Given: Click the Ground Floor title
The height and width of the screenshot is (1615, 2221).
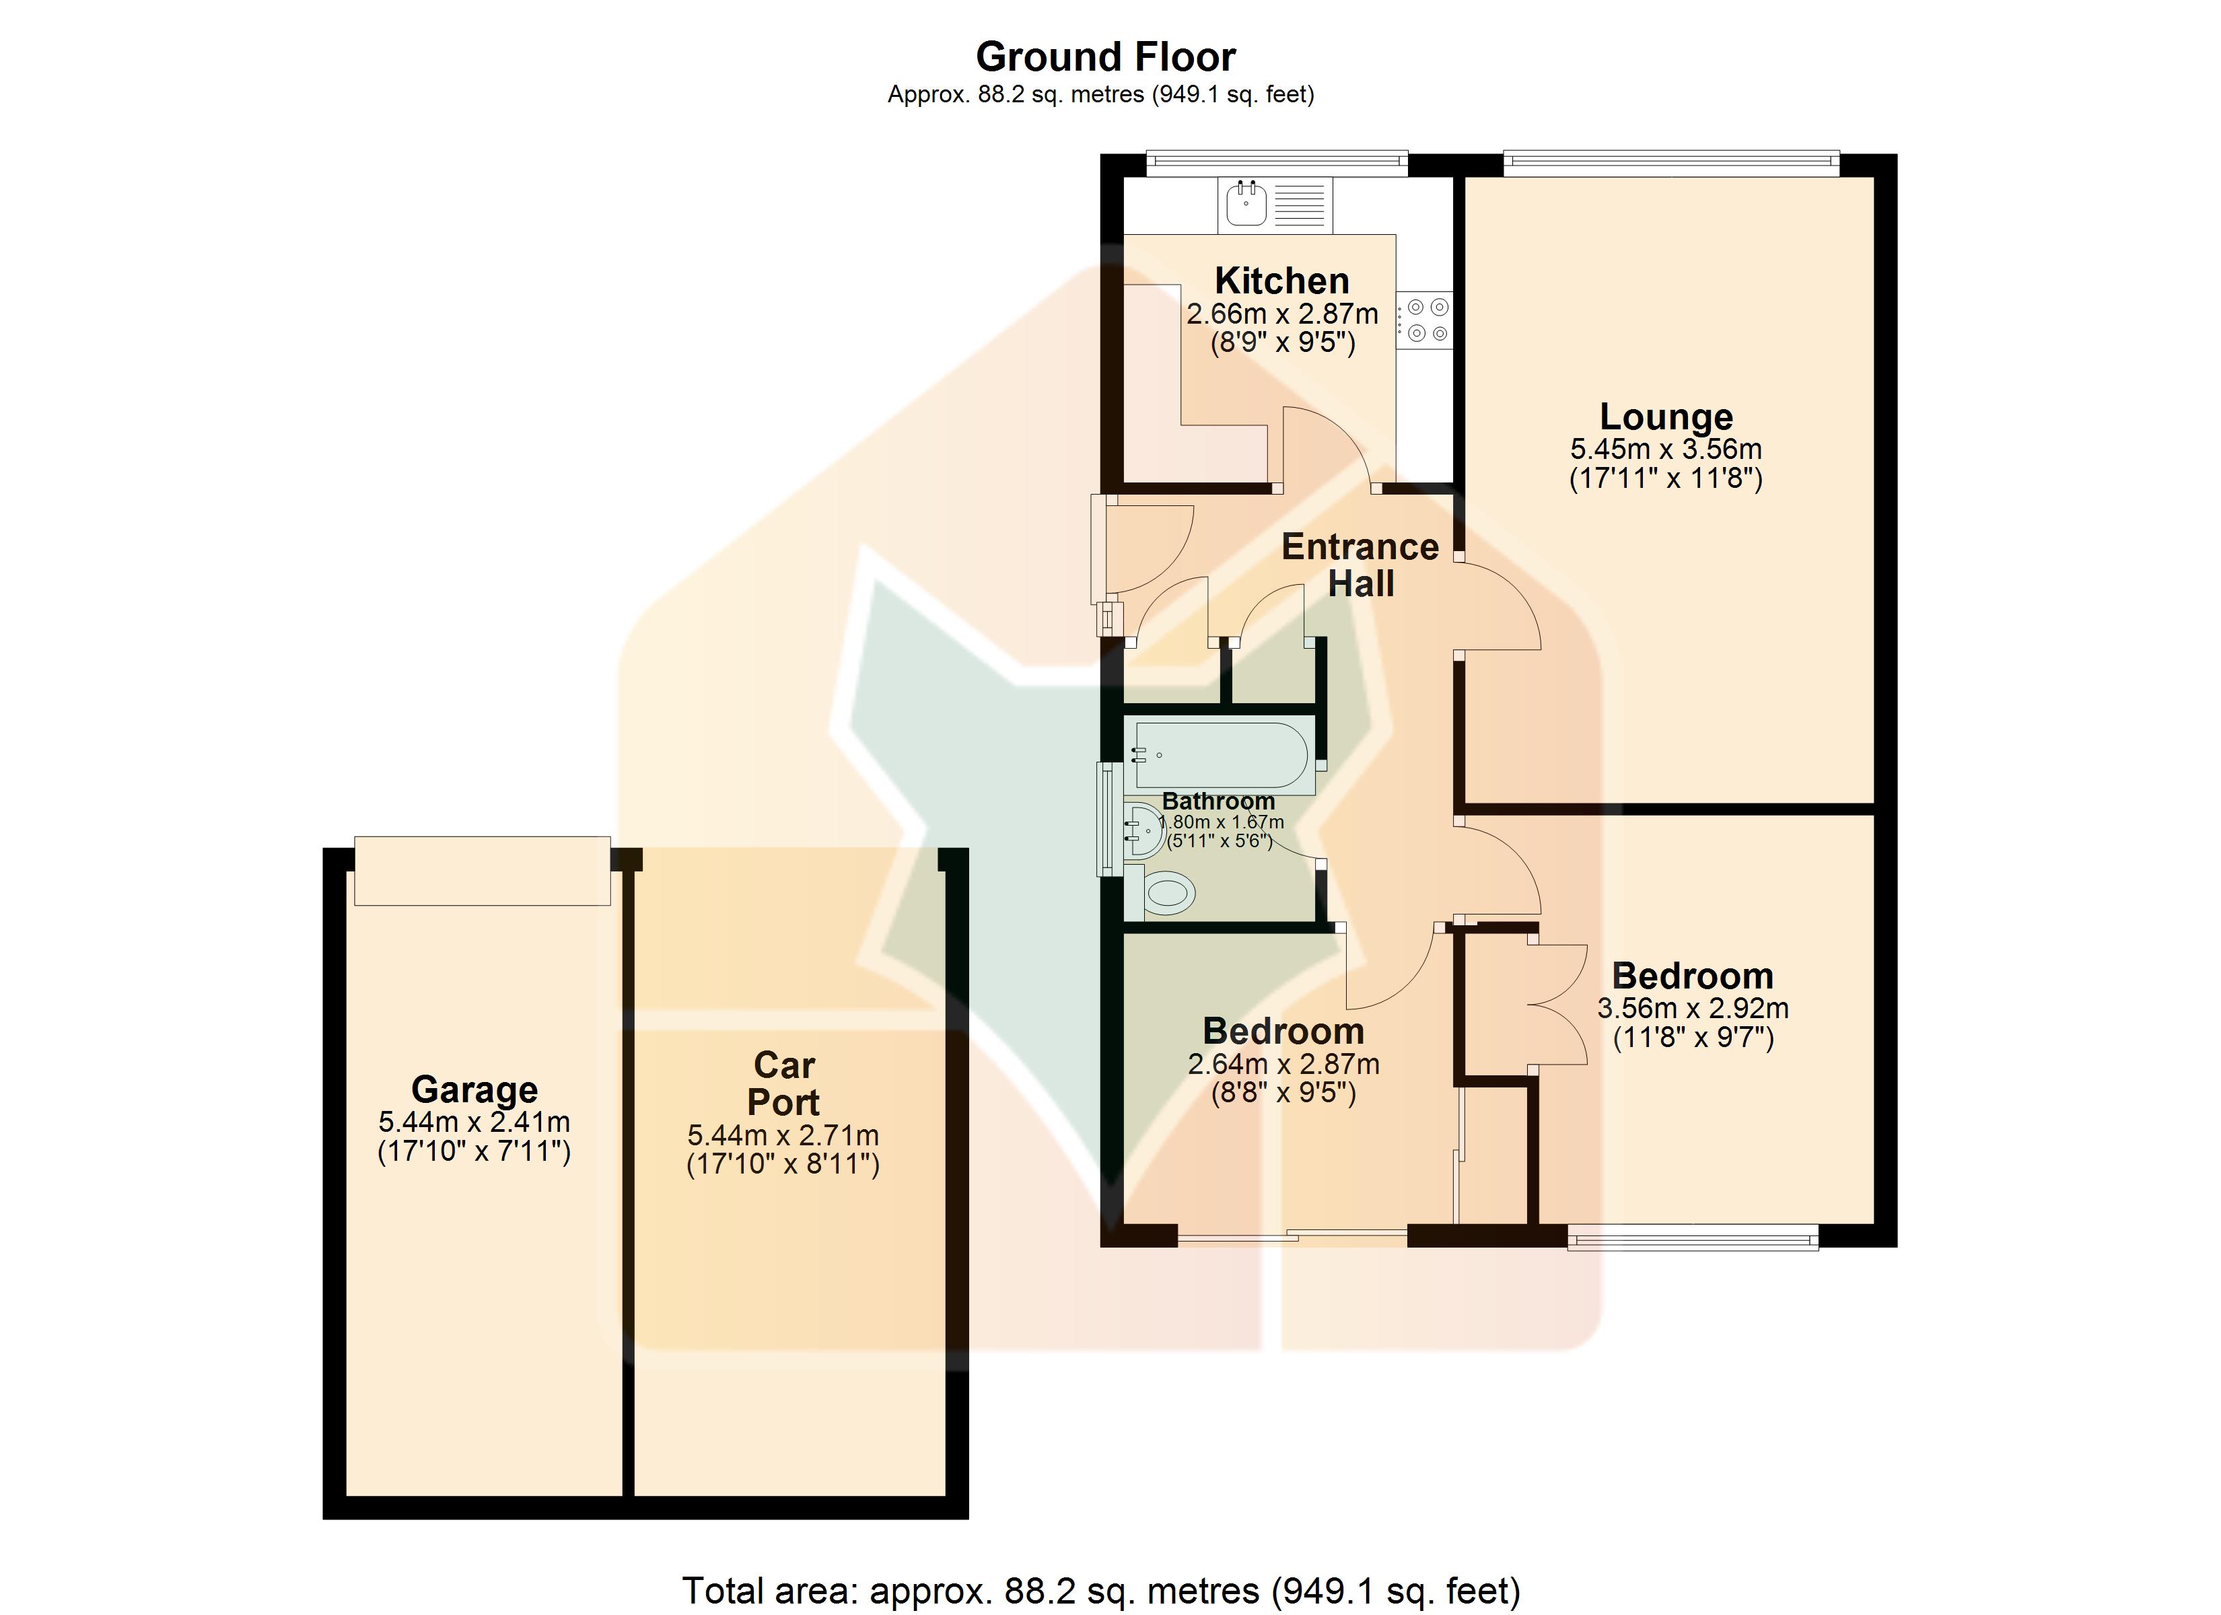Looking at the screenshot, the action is point(1106,57).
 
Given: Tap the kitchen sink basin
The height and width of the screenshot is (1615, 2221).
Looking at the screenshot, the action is point(1246,204).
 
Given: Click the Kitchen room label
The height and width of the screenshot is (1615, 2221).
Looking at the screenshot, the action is point(1282,281).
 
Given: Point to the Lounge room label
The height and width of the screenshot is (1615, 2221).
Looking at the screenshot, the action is point(1666,417).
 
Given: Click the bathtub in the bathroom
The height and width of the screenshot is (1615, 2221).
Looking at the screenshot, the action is point(1221,755).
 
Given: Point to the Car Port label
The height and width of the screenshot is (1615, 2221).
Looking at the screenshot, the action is point(783,1083).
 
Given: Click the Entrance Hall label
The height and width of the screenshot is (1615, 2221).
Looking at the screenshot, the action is point(1360,565).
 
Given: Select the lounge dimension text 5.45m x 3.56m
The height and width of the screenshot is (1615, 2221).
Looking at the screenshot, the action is point(1666,450).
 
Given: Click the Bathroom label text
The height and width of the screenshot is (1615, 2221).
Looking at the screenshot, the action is point(1218,801).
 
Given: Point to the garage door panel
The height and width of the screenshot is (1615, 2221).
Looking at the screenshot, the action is point(482,871).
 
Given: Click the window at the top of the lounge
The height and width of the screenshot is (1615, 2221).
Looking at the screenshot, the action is point(1670,164).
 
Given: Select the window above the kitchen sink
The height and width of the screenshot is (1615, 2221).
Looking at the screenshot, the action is point(1277,164).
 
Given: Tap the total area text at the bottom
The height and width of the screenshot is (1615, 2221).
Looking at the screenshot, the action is point(1100,1591).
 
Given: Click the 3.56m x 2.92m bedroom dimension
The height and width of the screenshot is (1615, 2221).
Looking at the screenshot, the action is point(1693,1009).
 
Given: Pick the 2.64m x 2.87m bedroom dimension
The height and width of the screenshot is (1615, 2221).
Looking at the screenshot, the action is point(1284,1064).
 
